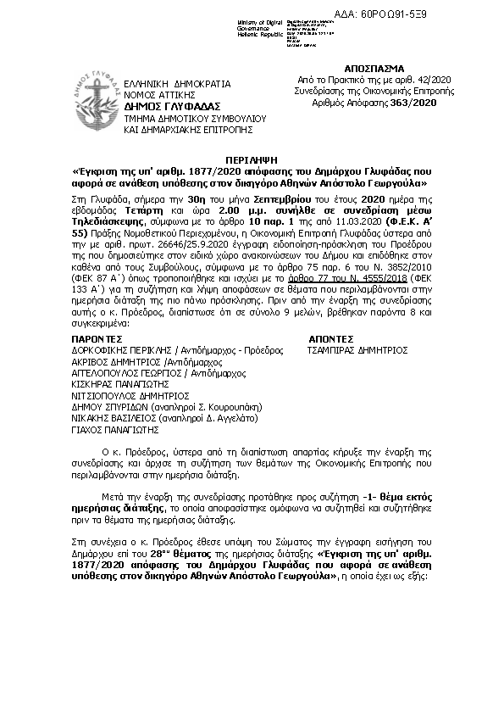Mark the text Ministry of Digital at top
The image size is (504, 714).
coord(262,20)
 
